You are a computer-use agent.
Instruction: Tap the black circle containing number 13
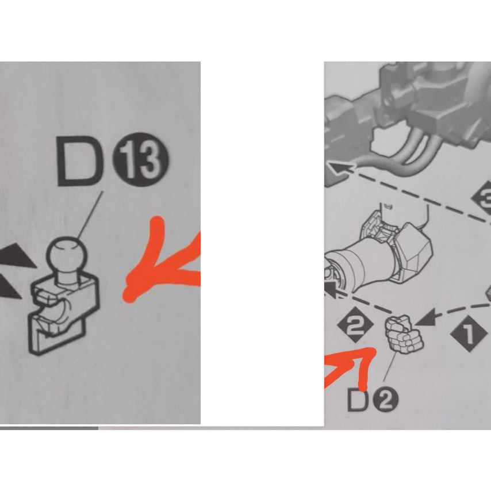click(x=141, y=160)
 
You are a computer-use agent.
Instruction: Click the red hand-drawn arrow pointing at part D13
click(x=160, y=263)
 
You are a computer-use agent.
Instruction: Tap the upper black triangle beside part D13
click(x=17, y=255)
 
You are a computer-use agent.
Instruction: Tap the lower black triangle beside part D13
click(x=9, y=287)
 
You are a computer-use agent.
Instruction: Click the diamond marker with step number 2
click(x=355, y=324)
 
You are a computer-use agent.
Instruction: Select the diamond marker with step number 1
click(x=469, y=334)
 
